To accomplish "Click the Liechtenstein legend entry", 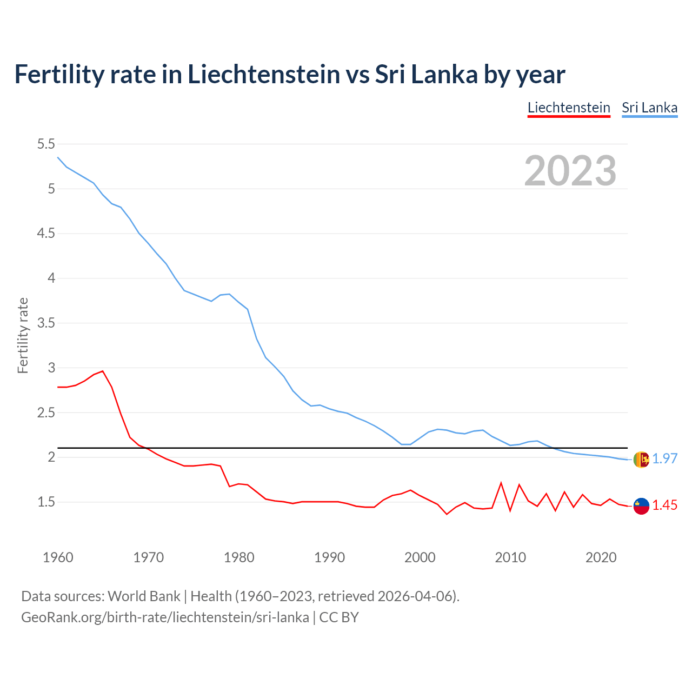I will pos(569,108).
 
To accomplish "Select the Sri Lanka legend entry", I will pos(649,108).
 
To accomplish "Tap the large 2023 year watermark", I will pos(570,171).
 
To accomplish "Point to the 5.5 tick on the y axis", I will pos(46,144).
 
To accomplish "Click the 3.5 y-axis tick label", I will pos(46,323).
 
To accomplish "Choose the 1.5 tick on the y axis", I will pos(46,502).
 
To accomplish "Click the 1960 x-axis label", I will pos(58,557).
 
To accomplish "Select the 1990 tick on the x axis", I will pos(329,557).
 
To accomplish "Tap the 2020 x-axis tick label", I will pos(601,557).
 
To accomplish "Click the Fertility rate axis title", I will pos(23,335).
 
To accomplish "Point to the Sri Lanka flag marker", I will pos(641,460).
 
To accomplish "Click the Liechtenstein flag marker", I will pos(641,506).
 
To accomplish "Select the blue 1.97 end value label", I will pos(664,459).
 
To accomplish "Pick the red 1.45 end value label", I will pos(664,505).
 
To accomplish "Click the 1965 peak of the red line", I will pos(103,371).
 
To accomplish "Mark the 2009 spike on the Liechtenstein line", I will pos(501,483).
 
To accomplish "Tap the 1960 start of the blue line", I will pos(58,157).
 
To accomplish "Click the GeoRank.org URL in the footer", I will pos(165,617).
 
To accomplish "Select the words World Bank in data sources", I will pos(144,596).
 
